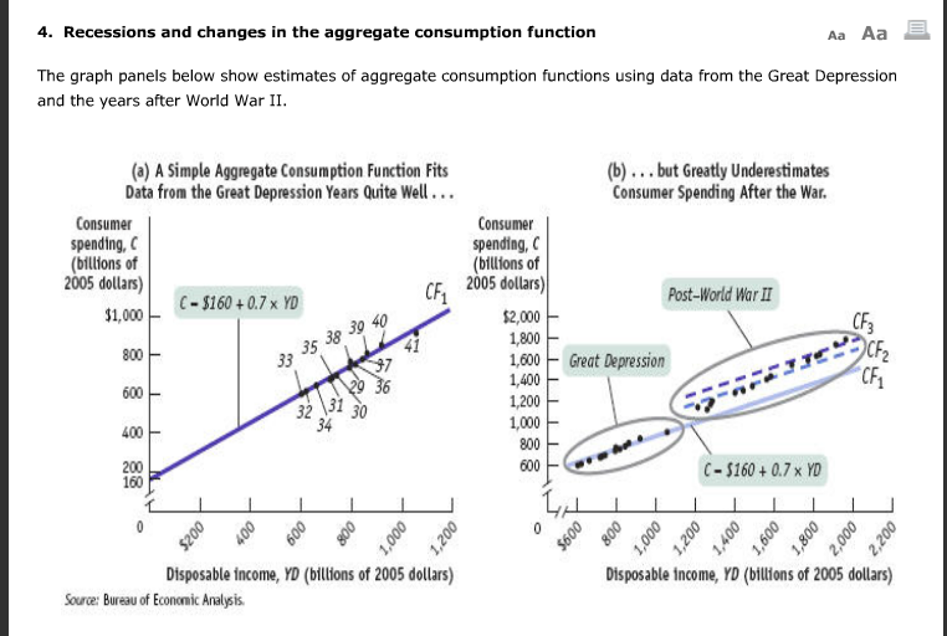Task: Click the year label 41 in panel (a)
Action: (412, 346)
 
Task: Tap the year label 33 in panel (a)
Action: (285, 361)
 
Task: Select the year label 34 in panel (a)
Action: (324, 425)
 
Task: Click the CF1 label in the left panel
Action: (436, 293)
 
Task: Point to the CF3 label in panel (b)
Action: (863, 322)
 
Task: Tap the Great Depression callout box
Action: (617, 361)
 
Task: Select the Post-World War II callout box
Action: (720, 295)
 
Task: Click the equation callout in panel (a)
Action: (238, 303)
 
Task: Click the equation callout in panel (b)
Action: (762, 470)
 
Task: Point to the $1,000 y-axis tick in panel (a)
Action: (124, 316)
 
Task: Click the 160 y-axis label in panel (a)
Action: (132, 482)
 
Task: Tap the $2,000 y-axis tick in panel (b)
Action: (522, 317)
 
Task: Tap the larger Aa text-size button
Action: (874, 34)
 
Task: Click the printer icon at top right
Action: (917, 31)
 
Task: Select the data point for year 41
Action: (416, 332)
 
